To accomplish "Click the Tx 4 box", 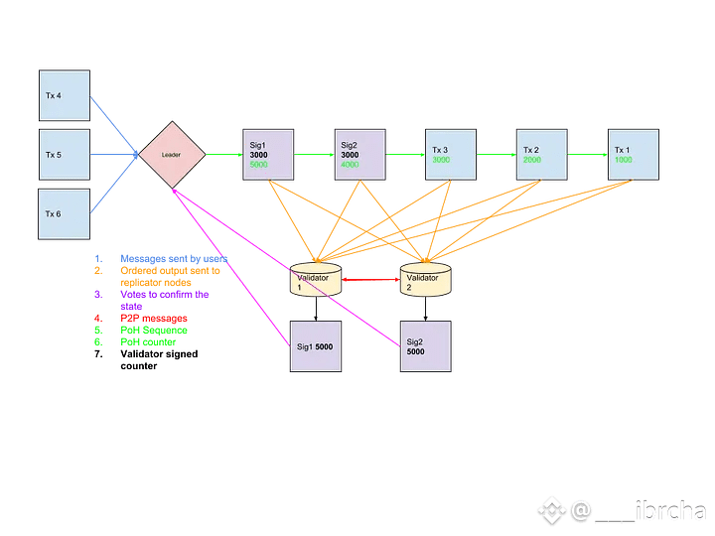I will [64, 96].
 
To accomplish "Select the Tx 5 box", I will [64, 155].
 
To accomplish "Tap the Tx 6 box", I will [64, 213].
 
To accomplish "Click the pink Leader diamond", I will [172, 155].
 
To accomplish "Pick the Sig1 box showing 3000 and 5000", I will [268, 154].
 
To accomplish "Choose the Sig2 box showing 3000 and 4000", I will [358, 154].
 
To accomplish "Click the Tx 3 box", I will [451, 154].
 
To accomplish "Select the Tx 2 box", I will [542, 154].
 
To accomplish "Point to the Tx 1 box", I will [635, 154].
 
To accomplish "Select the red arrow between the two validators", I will [370, 282].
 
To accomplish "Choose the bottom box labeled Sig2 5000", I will [426, 346].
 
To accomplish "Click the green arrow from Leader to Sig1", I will [223, 154].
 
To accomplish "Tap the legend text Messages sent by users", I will [173, 258].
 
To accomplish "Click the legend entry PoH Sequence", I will [153, 330].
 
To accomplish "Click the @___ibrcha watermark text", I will [637, 511].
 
